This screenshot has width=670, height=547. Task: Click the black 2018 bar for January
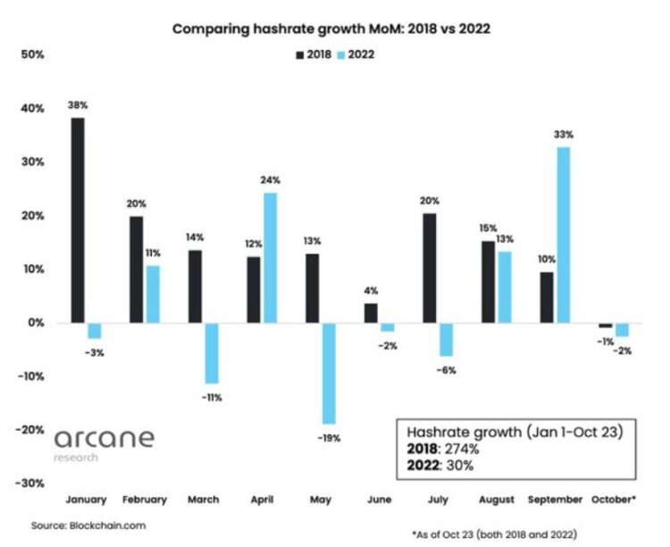78,220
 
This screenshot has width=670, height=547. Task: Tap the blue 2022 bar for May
329,373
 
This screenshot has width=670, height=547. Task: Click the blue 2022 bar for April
270,258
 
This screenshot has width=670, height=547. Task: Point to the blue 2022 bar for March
211,352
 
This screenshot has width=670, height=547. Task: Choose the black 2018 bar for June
370,313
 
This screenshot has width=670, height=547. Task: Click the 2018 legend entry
313,54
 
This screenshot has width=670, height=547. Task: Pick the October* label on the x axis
615,500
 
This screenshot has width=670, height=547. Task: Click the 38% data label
78,105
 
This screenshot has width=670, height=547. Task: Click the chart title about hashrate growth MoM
331,29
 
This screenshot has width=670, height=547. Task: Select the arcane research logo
104,443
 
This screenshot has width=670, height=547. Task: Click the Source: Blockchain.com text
88,526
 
